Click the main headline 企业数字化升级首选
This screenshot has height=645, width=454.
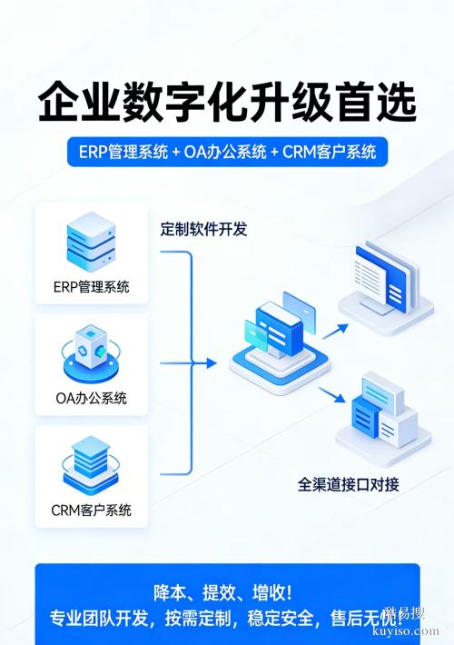click(x=226, y=102)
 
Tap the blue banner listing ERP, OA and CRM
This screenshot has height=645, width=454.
click(x=227, y=152)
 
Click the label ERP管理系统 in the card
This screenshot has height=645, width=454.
click(x=91, y=287)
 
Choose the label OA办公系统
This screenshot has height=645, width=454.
click(x=91, y=398)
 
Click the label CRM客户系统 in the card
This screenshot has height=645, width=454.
click(x=91, y=510)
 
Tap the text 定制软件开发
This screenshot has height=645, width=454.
click(x=203, y=229)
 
